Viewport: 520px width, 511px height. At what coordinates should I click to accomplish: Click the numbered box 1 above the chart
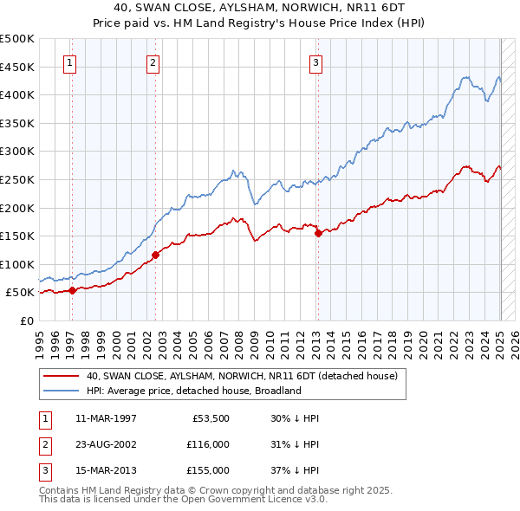click(x=68, y=62)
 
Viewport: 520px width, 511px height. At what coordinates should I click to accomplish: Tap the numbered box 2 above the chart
click(x=153, y=62)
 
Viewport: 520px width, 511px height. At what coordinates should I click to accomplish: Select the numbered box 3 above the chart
click(x=316, y=62)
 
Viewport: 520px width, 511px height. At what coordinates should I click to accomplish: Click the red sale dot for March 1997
click(x=73, y=291)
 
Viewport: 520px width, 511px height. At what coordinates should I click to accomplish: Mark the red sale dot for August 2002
click(x=156, y=255)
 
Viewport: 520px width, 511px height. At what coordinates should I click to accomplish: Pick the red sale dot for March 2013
click(x=318, y=233)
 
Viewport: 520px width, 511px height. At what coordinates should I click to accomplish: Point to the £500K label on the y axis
click(x=17, y=39)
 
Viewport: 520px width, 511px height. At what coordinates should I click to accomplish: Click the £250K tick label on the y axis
click(x=17, y=179)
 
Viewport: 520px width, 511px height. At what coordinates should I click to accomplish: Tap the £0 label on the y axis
click(x=26, y=320)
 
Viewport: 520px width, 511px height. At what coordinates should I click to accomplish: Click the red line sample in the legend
click(x=61, y=376)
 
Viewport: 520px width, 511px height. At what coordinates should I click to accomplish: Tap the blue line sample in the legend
click(x=61, y=391)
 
